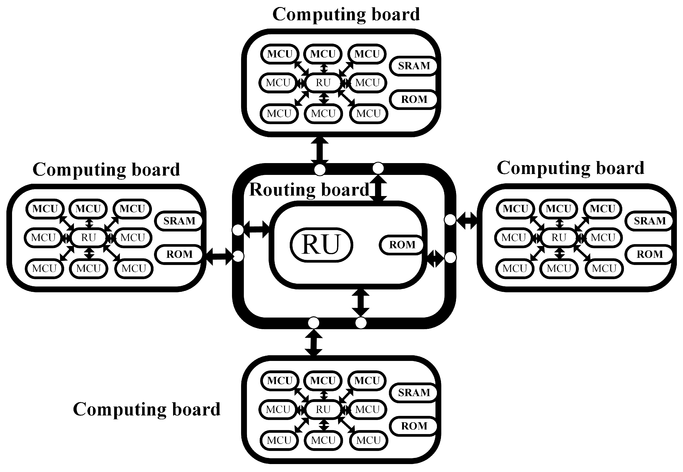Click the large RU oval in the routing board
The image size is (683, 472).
pyautogui.click(x=321, y=245)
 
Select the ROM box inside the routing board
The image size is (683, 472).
pyautogui.click(x=402, y=245)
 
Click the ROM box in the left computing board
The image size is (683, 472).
pyautogui.click(x=179, y=254)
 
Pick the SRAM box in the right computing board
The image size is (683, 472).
pyautogui.click(x=649, y=221)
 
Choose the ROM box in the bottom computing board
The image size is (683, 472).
pyautogui.click(x=414, y=426)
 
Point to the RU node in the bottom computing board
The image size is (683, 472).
pyautogui.click(x=323, y=409)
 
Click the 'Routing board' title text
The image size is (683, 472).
pyautogui.click(x=309, y=190)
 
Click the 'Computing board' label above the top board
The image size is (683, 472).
pyautogui.click(x=346, y=14)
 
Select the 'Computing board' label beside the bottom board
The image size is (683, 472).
pyautogui.click(x=146, y=409)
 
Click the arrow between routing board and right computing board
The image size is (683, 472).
pyautogui.click(x=467, y=221)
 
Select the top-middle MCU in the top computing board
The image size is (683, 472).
pyautogui.click(x=323, y=54)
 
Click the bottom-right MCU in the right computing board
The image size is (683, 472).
pyautogui.click(x=604, y=268)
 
